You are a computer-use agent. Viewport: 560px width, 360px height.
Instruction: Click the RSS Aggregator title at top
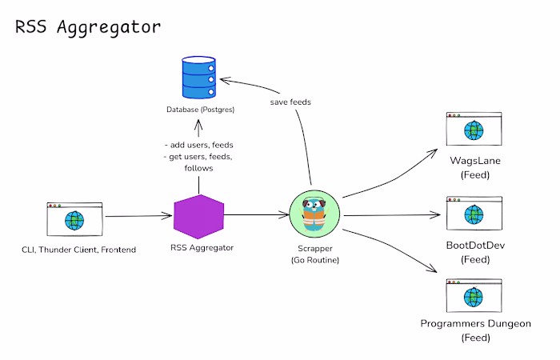pyautogui.click(x=89, y=26)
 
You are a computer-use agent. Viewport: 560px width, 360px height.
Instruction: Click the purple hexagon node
pyautogui.click(x=198, y=216)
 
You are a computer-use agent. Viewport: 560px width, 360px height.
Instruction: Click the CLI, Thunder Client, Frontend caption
pyautogui.click(x=78, y=250)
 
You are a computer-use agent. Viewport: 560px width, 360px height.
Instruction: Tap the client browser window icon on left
pyautogui.click(x=76, y=218)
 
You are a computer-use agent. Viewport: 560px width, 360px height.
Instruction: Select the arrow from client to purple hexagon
pyautogui.click(x=138, y=216)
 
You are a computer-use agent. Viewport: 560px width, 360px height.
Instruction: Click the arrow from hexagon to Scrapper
pyautogui.click(x=256, y=215)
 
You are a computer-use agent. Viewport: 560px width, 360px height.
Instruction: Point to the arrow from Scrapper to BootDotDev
pyautogui.click(x=392, y=215)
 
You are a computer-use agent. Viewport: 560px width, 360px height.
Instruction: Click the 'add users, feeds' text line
pyautogui.click(x=198, y=145)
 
